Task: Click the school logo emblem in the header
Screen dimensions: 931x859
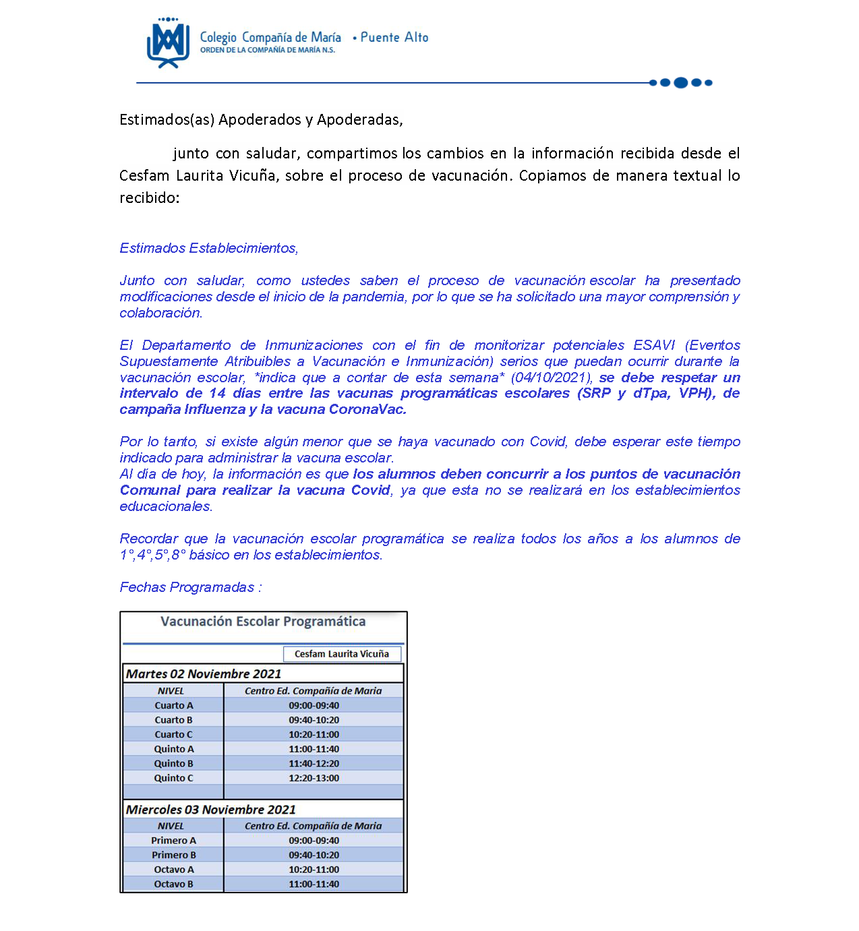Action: click(168, 43)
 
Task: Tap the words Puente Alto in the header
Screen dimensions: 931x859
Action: click(394, 38)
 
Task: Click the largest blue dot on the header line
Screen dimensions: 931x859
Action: click(680, 83)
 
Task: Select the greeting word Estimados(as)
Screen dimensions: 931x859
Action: click(167, 120)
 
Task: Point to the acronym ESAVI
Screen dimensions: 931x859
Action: click(653, 345)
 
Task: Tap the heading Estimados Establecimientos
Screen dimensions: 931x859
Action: click(208, 248)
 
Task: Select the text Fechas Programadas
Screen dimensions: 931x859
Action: click(187, 587)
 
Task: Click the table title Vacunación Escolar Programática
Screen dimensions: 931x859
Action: click(263, 622)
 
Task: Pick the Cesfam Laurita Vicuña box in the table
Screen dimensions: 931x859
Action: click(342, 654)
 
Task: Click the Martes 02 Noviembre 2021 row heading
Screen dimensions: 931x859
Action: click(204, 673)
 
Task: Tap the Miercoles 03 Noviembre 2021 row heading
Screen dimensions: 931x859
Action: click(211, 810)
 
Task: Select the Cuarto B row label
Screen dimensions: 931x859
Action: click(173, 720)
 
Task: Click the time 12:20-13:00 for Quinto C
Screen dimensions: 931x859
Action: click(314, 778)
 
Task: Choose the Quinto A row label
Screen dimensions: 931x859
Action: click(173, 749)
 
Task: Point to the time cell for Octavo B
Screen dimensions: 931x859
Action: click(314, 884)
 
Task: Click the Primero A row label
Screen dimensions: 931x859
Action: click(173, 841)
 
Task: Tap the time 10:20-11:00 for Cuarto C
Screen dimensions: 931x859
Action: click(314, 735)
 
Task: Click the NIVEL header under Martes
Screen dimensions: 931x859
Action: click(171, 691)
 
